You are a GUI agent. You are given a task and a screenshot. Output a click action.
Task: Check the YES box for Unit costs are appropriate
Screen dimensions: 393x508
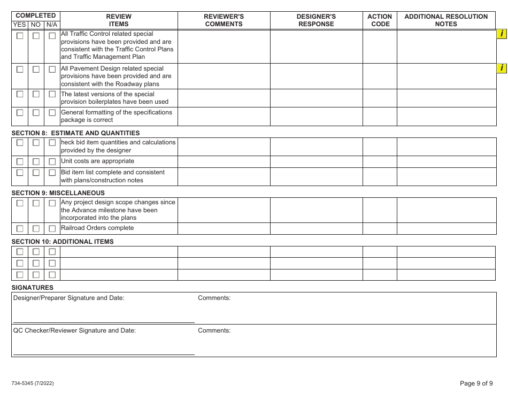pyautogui.click(x=20, y=161)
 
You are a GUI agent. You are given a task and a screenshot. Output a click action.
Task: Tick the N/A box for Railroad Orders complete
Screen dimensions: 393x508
pyautogui.click(x=52, y=229)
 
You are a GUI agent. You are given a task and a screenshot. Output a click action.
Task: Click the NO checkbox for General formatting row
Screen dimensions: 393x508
pyautogui.click(x=36, y=113)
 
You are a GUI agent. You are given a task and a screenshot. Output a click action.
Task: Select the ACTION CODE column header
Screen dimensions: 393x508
pyautogui.click(x=380, y=20)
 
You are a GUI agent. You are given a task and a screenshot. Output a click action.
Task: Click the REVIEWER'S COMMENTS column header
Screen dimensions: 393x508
pyautogui.click(x=224, y=20)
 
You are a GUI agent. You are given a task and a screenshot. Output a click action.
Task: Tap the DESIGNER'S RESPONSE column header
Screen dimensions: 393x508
pyautogui.click(x=316, y=20)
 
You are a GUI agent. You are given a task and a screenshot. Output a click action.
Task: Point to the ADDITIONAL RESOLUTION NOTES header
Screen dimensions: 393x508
pyautogui.click(x=446, y=20)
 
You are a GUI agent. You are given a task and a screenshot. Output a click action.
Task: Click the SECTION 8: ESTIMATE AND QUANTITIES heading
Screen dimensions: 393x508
pyautogui.click(x=75, y=133)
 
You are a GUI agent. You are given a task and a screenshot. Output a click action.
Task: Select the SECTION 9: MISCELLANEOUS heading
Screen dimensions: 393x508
pyautogui.click(x=58, y=193)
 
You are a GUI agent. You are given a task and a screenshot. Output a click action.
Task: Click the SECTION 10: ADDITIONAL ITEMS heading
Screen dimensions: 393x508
pyautogui.click(x=63, y=242)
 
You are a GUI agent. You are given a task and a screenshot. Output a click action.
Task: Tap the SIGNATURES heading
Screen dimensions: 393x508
pyautogui.click(x=33, y=288)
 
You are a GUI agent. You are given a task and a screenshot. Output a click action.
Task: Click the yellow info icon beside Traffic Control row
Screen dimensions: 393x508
pyautogui.click(x=502, y=34)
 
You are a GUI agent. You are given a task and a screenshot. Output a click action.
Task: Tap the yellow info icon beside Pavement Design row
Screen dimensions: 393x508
pyautogui.click(x=502, y=68)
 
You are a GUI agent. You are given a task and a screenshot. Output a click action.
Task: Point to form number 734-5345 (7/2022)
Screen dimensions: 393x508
pyautogui.click(x=33, y=383)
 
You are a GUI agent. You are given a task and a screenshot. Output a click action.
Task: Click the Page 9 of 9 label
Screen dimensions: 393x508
pyautogui.click(x=476, y=383)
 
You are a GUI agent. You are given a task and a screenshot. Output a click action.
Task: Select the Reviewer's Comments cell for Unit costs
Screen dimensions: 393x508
pyautogui.click(x=224, y=161)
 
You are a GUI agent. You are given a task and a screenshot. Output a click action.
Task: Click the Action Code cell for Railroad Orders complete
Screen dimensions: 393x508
pyautogui.click(x=380, y=229)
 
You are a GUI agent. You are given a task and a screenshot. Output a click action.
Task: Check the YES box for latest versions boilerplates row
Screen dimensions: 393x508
pyautogui.click(x=20, y=94)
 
